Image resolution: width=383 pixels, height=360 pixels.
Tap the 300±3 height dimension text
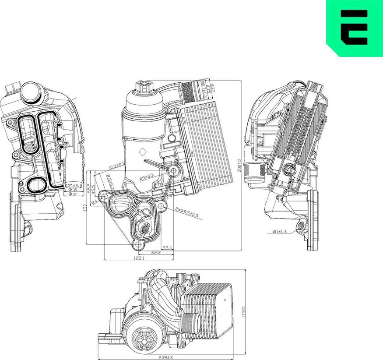239,166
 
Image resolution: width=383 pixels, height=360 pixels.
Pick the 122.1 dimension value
139,259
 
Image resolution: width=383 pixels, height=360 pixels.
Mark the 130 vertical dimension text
85,207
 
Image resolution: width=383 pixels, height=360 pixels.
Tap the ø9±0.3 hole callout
146,177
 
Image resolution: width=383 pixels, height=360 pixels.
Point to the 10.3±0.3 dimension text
116,166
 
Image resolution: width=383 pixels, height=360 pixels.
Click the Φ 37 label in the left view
72,194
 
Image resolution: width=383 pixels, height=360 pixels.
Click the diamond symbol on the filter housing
142,152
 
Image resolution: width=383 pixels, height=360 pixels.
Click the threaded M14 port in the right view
301,227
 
